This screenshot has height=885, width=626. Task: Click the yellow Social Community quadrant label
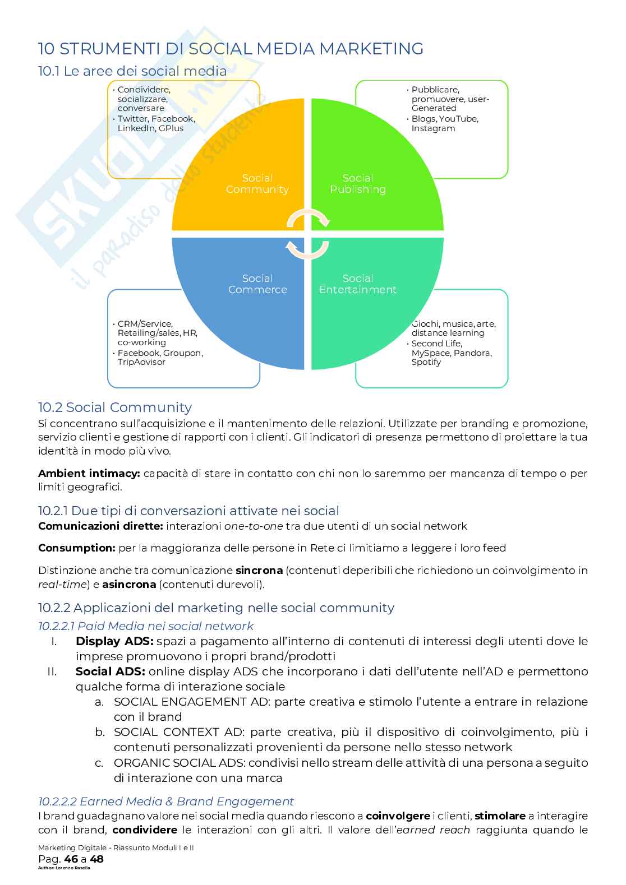pyautogui.click(x=257, y=184)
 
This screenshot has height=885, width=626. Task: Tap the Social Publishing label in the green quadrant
pyautogui.click(x=358, y=184)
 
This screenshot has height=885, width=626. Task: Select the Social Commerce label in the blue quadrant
pyautogui.click(x=257, y=284)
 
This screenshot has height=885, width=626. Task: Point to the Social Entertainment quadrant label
pyautogui.click(x=358, y=284)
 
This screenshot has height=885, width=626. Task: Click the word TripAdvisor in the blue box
pyautogui.click(x=141, y=362)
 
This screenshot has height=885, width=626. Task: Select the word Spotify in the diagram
pyautogui.click(x=426, y=362)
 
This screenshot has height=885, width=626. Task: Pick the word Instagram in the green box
pyautogui.click(x=433, y=128)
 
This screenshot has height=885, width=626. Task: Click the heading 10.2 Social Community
pyautogui.click(x=114, y=407)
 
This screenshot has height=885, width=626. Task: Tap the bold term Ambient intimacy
pyautogui.click(x=89, y=474)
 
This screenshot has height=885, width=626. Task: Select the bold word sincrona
pyautogui.click(x=259, y=571)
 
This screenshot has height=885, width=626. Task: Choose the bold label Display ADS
pyautogui.click(x=114, y=641)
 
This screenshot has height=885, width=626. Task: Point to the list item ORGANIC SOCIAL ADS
pyautogui.click(x=179, y=763)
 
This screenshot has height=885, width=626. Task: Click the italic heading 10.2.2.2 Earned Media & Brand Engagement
pyautogui.click(x=165, y=801)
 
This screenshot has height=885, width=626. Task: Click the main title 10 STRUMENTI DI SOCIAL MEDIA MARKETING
pyautogui.click(x=231, y=49)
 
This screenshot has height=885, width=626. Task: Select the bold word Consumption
pyautogui.click(x=76, y=548)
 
